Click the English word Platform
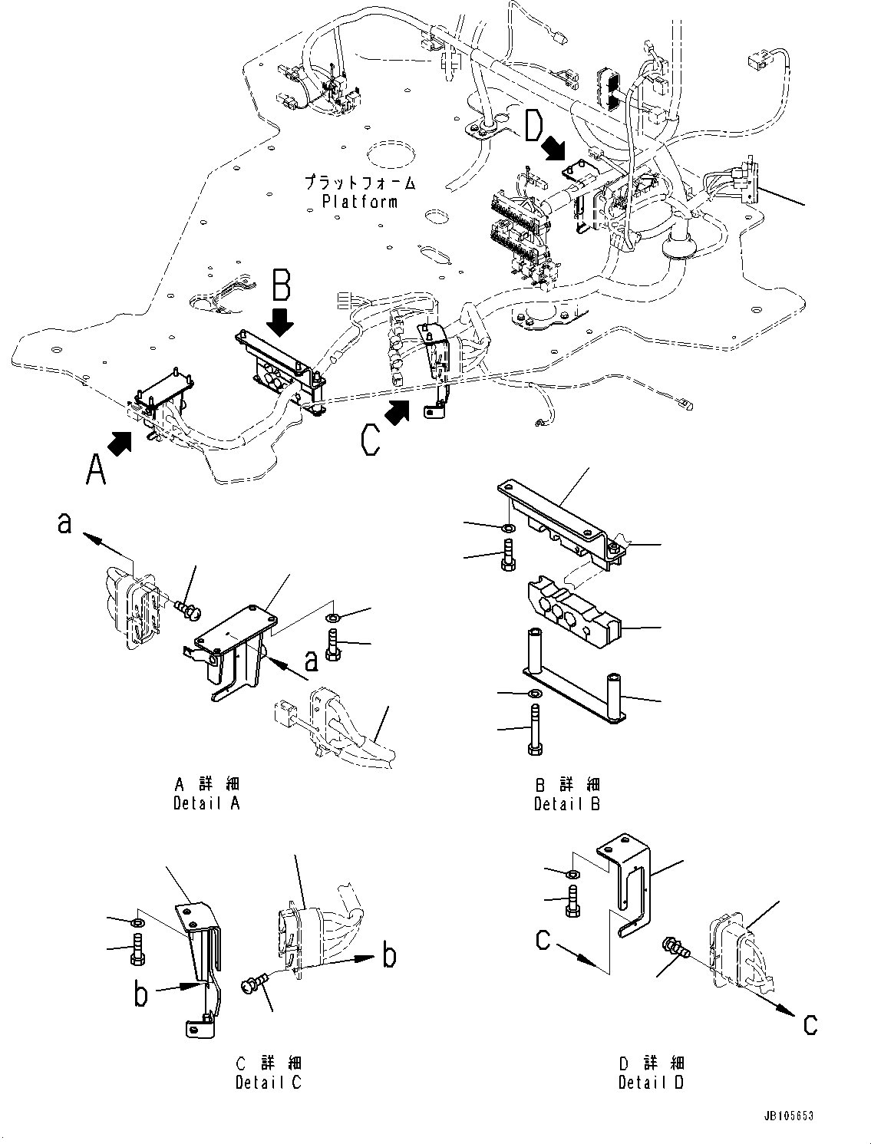(359, 202)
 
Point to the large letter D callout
(536, 125)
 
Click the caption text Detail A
(206, 803)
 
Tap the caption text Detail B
(567, 803)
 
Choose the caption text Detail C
(269, 1082)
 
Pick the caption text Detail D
(651, 1082)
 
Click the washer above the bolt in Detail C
(137, 921)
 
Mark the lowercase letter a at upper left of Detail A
(65, 523)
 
